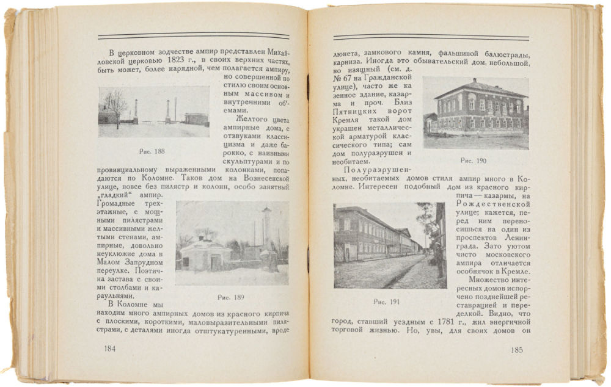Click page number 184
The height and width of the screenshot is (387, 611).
(x=110, y=349)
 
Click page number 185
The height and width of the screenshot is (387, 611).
(x=517, y=350)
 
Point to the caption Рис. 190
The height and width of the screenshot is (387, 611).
(x=474, y=161)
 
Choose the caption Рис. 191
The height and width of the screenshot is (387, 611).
(x=387, y=302)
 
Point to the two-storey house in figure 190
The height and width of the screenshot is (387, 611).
(x=480, y=107)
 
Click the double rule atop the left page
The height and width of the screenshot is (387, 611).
(x=194, y=36)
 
